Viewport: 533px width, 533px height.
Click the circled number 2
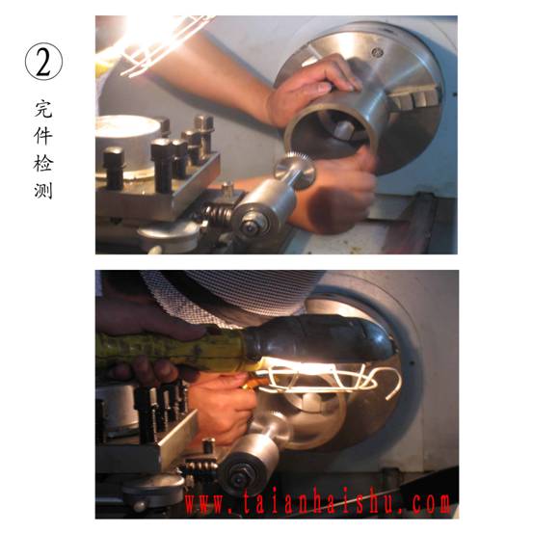(x=43, y=64)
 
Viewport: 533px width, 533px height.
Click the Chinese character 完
(x=43, y=109)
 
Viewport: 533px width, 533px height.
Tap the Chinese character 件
(x=43, y=136)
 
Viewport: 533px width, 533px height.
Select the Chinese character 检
(x=43, y=163)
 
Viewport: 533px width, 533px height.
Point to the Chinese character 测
(x=43, y=190)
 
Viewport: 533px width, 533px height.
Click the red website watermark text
(x=317, y=503)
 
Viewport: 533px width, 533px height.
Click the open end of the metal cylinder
(x=332, y=133)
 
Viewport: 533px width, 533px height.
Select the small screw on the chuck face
(x=377, y=52)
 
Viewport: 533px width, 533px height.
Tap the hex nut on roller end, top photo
(x=251, y=225)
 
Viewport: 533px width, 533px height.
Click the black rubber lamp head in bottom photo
(x=318, y=336)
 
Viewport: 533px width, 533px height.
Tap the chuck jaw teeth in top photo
(x=413, y=98)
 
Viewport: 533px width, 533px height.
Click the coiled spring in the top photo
(x=218, y=212)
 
